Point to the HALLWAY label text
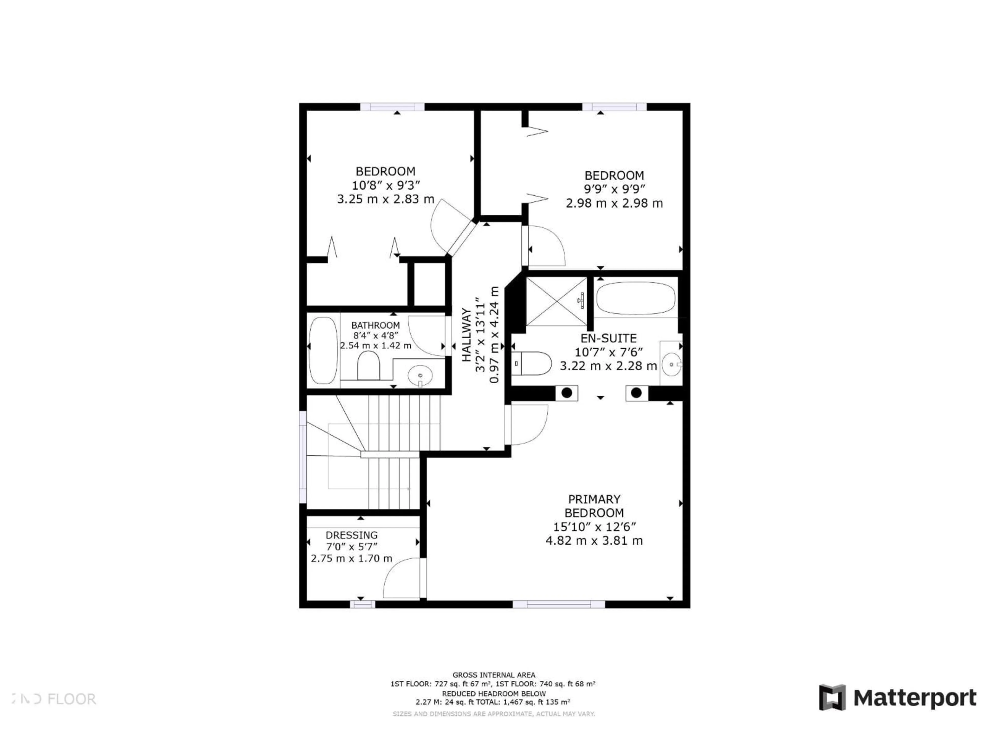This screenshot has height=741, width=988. click(466, 335)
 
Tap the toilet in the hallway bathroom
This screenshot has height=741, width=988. click(368, 365)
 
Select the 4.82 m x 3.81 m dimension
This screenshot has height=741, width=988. click(594, 541)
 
